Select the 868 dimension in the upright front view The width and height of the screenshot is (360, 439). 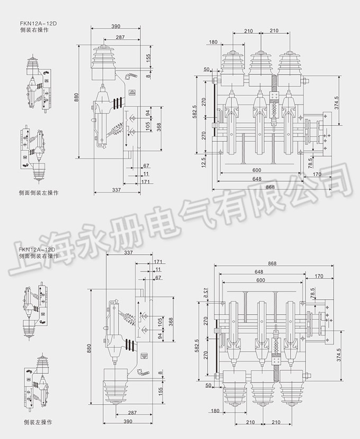272,187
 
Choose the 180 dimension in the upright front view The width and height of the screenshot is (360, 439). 213,42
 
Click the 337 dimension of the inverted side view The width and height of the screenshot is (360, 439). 128,253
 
